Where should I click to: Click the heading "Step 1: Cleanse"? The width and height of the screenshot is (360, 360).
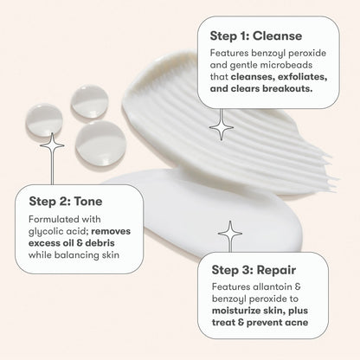pos(255,36)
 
